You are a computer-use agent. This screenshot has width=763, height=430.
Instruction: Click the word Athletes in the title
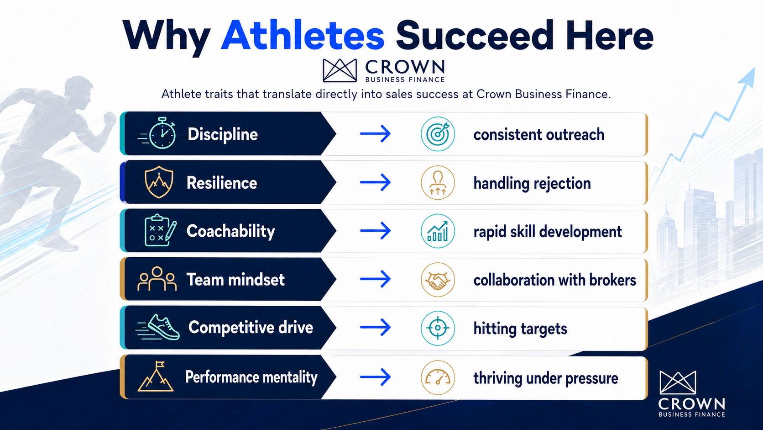(303, 36)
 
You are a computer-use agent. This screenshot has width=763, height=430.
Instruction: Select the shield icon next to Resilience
(159, 182)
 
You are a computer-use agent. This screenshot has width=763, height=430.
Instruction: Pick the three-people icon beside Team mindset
(157, 279)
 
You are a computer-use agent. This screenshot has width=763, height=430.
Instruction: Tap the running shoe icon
(157, 327)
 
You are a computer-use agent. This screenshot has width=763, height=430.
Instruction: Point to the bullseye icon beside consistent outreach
(438, 134)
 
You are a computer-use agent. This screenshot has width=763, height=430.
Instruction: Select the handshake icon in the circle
(438, 280)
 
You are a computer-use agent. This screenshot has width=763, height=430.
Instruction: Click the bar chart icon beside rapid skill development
(438, 231)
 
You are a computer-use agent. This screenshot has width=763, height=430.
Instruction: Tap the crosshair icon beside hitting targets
(438, 328)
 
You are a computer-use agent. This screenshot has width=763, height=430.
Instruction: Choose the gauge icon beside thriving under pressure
(438, 377)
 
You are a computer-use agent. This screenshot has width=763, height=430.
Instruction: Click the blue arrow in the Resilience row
(376, 182)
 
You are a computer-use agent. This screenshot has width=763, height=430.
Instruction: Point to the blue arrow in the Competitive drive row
(376, 327)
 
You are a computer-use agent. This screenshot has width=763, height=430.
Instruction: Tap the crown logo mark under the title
(340, 70)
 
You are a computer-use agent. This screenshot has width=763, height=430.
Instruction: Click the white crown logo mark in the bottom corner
(678, 382)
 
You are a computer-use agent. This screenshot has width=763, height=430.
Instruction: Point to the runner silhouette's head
(78, 92)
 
